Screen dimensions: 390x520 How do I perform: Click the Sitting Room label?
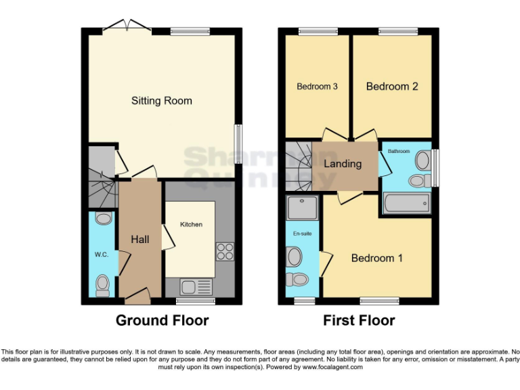point(161,101)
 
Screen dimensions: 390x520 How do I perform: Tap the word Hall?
point(140,240)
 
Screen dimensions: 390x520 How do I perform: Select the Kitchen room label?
point(190,224)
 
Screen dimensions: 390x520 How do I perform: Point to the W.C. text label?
point(102,255)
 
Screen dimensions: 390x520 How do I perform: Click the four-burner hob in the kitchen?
point(224,252)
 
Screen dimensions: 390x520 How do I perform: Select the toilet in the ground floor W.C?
point(103,284)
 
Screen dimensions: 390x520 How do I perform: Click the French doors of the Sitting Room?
point(127,26)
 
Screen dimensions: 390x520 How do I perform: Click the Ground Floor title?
point(162,320)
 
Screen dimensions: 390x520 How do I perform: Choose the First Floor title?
point(360,320)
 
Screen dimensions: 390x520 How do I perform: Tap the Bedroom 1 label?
point(376,258)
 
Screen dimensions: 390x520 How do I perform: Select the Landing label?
point(343,164)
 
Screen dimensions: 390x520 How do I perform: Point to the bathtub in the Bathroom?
point(406,202)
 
